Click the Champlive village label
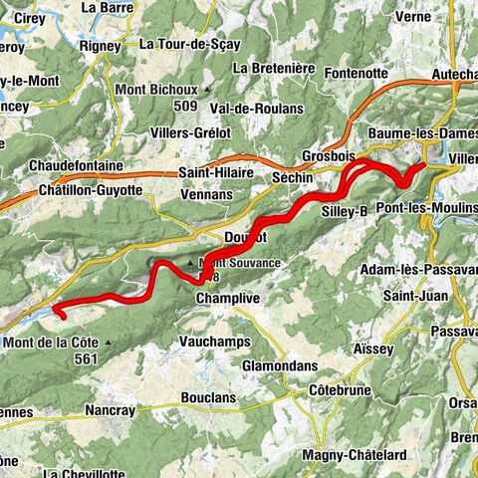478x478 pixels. point(228,298)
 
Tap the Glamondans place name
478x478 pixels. point(283,365)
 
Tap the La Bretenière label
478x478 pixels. point(273,68)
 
